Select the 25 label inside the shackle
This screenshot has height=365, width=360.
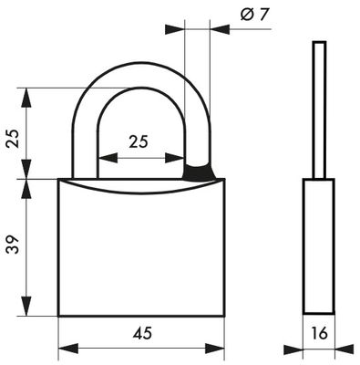[x=138, y=141]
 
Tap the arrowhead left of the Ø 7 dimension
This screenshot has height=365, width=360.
[x=177, y=29]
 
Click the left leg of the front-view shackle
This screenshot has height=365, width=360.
[x=80, y=146]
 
